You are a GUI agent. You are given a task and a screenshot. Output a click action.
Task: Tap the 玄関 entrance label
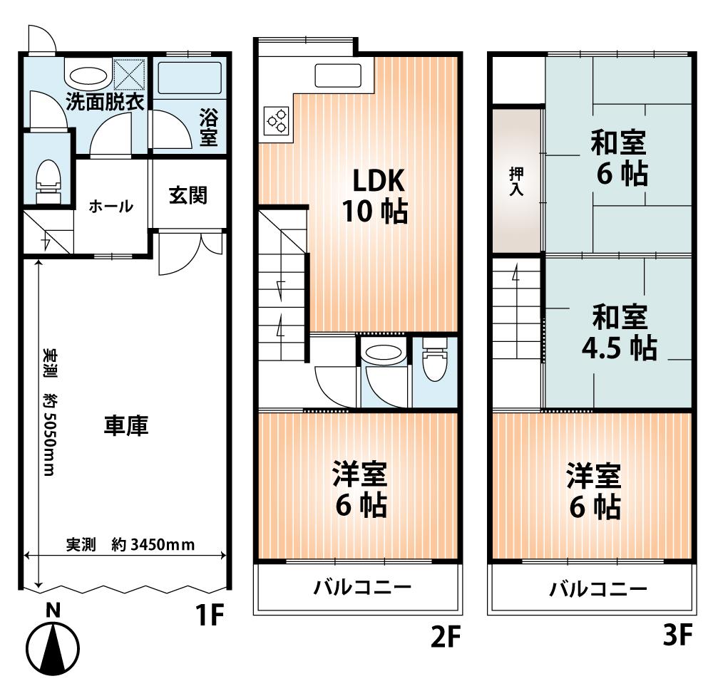tap(188, 196)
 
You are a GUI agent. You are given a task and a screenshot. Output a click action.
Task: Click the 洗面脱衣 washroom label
tap(105, 101)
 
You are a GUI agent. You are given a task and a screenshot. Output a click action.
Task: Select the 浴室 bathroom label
tap(207, 126)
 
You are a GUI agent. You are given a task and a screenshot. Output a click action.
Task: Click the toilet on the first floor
tap(48, 178)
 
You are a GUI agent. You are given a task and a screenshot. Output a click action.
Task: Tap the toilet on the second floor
tap(434, 363)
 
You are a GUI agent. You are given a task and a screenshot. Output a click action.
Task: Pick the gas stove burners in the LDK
tap(277, 120)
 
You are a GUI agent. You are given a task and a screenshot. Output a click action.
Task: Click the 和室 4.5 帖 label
tap(618, 331)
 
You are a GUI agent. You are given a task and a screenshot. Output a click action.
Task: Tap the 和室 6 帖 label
tap(618, 158)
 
